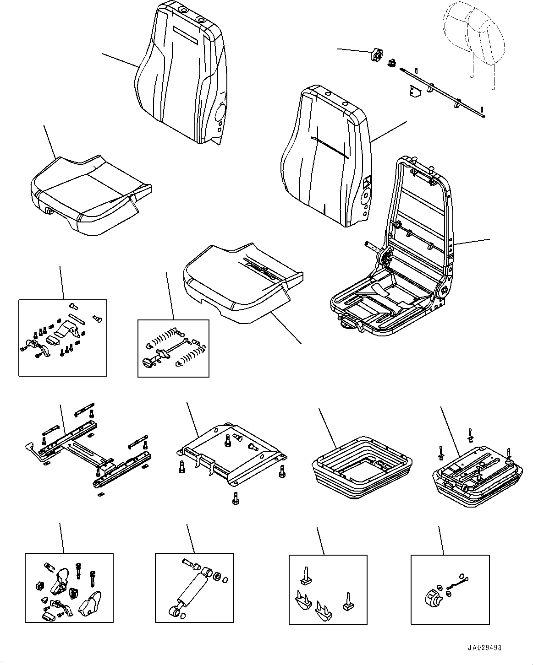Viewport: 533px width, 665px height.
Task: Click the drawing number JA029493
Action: pyautogui.click(x=484, y=648)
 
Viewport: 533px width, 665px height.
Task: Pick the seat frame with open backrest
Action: pyautogui.click(x=403, y=256)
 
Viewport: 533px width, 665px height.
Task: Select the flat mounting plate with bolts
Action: pyautogui.click(x=231, y=451)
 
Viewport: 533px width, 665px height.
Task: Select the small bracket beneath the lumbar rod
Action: pyautogui.click(x=415, y=92)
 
